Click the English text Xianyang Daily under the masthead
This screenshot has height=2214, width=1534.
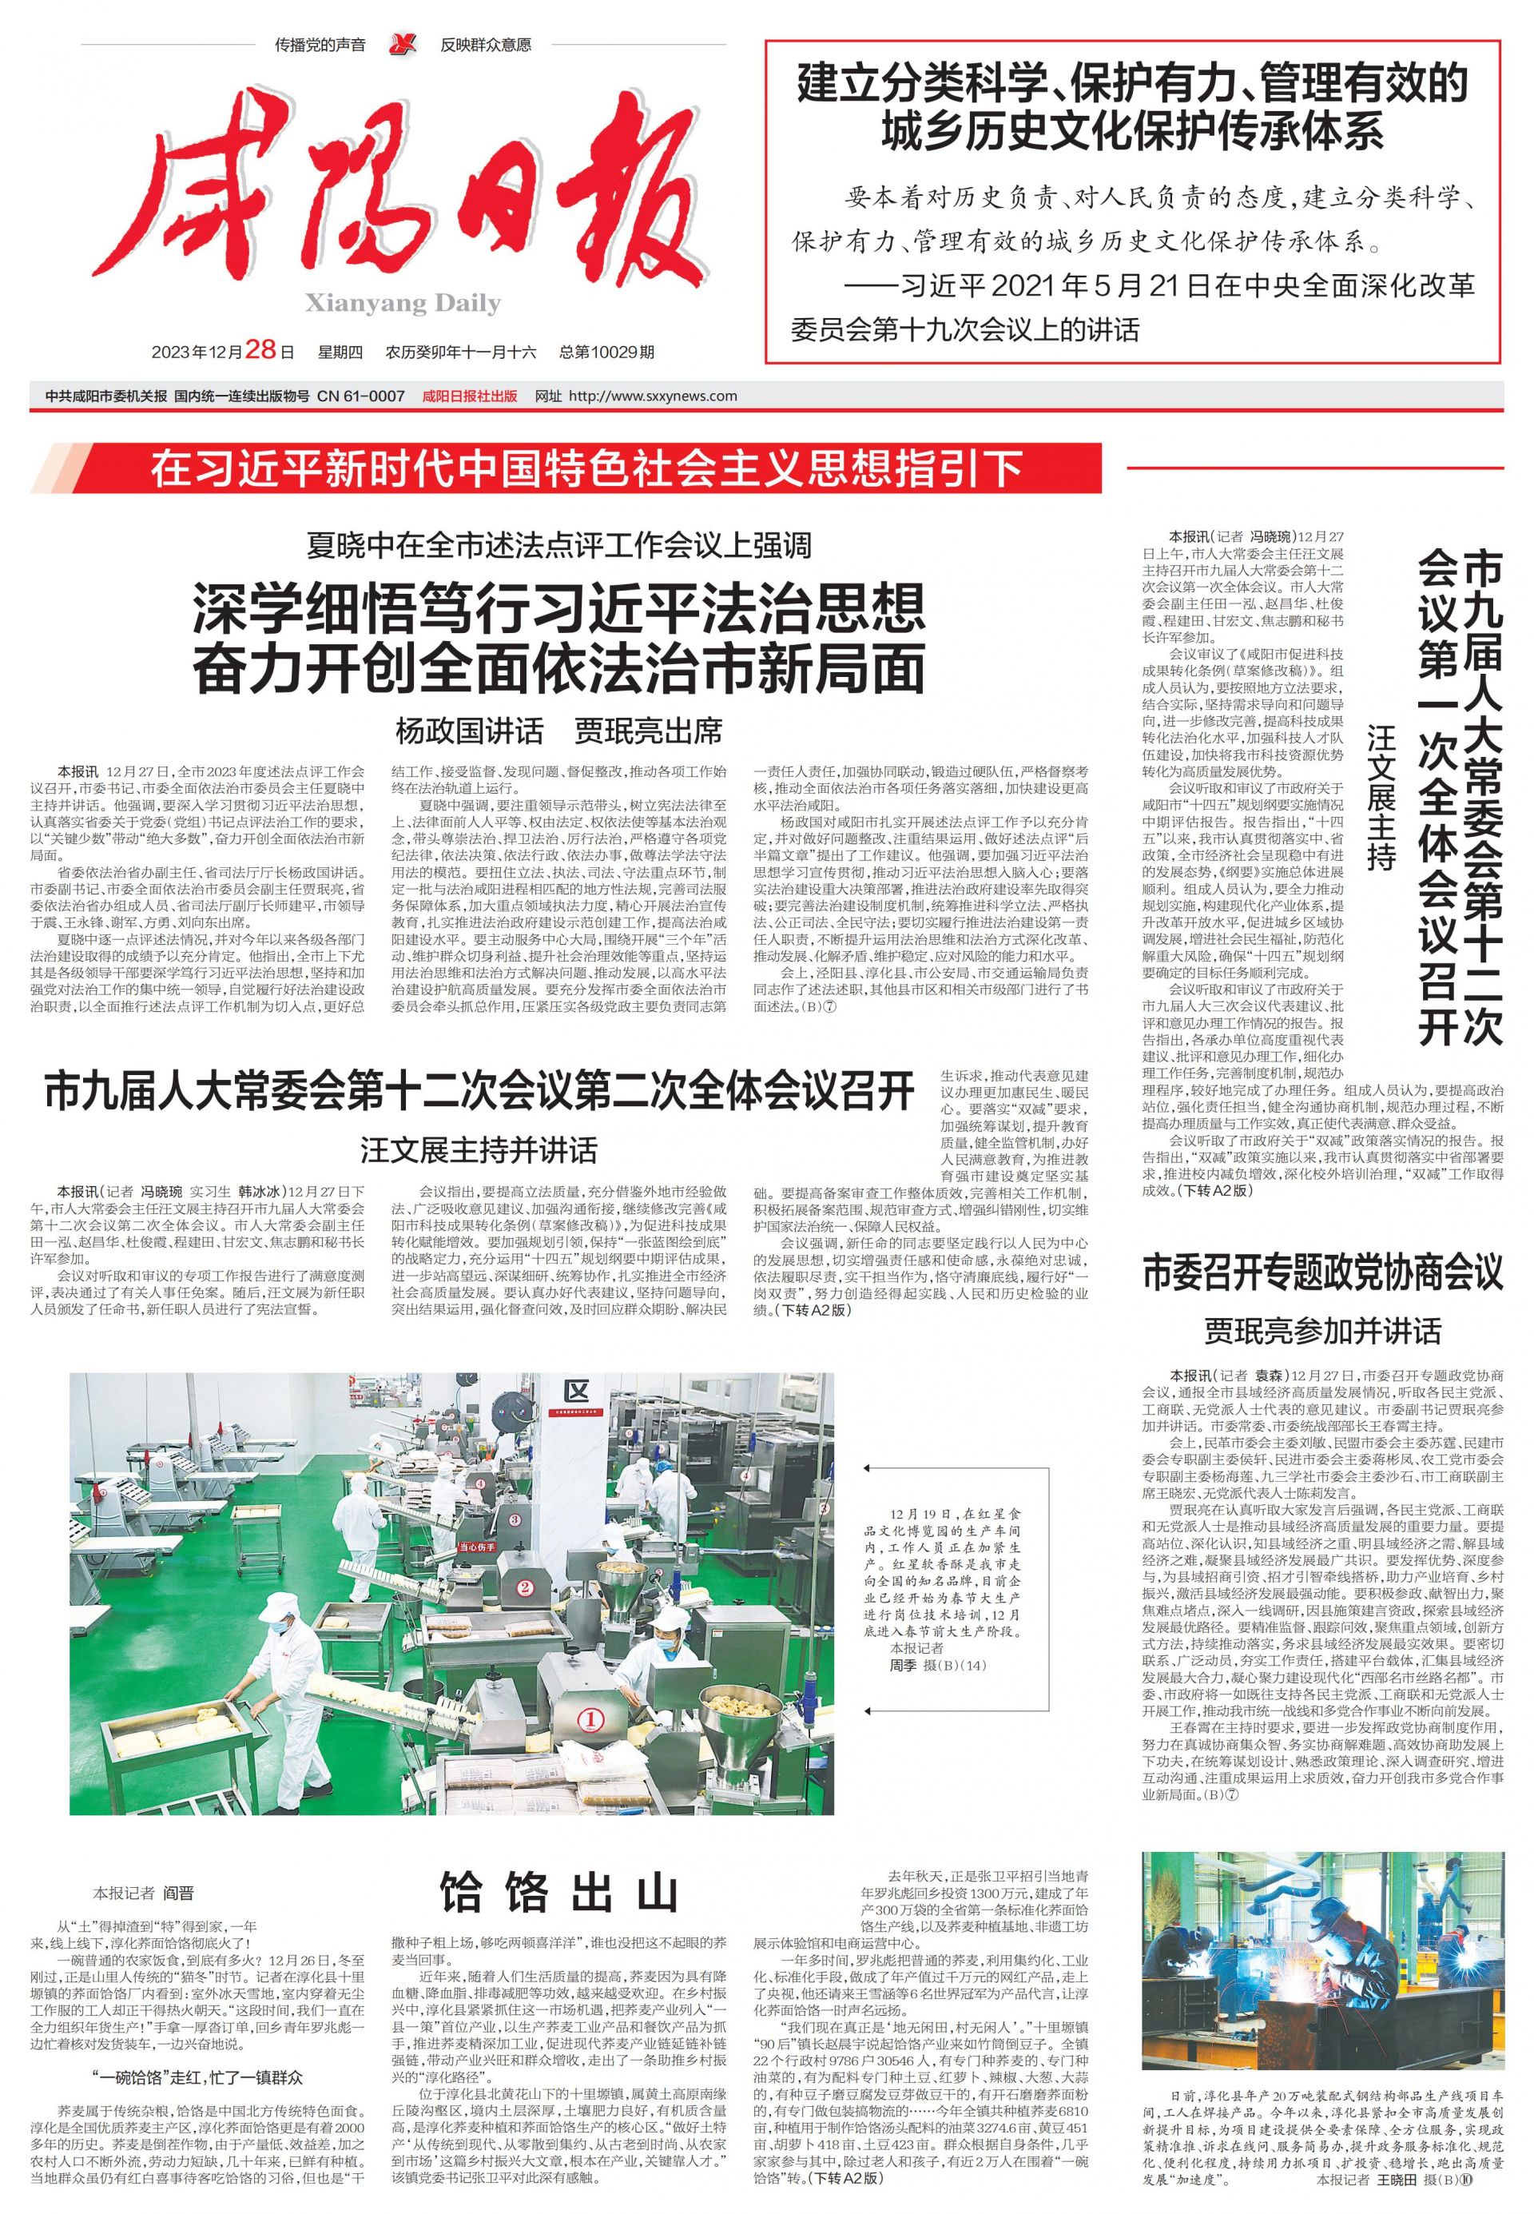(x=403, y=304)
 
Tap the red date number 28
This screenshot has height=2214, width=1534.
(x=261, y=350)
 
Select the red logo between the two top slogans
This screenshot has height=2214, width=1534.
(x=403, y=44)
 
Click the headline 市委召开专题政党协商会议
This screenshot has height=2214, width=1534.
(x=1321, y=1272)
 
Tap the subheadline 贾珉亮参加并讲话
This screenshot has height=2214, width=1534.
(x=1322, y=1331)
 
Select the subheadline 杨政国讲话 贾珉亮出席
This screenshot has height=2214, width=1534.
(x=558, y=731)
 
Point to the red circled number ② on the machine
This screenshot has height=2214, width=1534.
(x=525, y=1587)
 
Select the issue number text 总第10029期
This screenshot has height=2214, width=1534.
(x=606, y=352)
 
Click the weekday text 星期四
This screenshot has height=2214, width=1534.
(x=340, y=352)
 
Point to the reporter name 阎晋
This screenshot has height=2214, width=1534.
(x=178, y=1893)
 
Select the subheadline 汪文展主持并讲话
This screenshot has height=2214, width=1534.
(x=479, y=1150)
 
